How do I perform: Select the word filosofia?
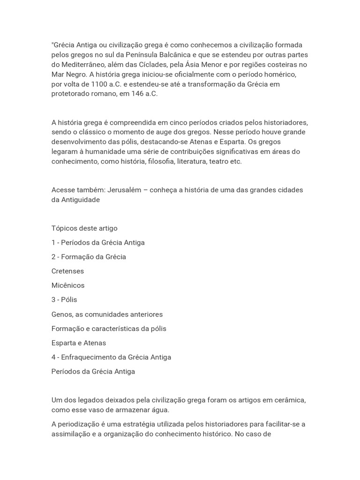coord(160,162)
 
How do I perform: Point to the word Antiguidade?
coord(81,200)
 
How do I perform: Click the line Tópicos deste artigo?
coord(84,228)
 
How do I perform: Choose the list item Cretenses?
coord(67,271)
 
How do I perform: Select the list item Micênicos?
coord(68,285)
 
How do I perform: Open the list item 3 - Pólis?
coord(64,300)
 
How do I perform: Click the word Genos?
coord(61,314)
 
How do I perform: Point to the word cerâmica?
coord(289,400)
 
